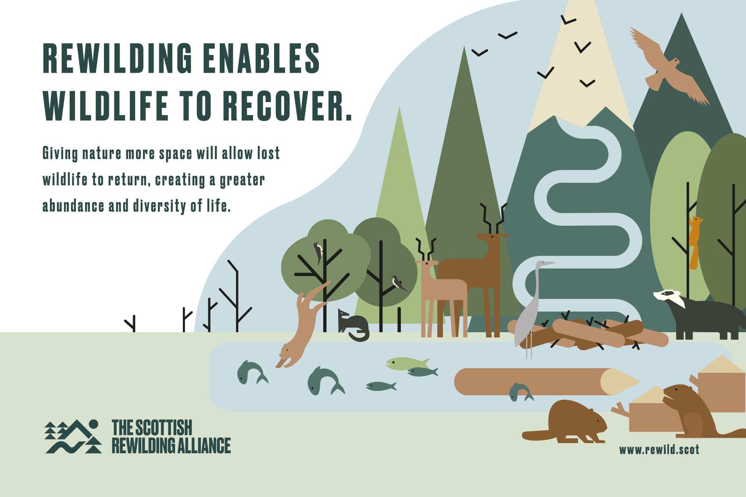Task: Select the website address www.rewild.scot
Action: (659, 450)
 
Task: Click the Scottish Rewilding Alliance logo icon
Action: (73, 437)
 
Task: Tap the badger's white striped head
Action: (669, 297)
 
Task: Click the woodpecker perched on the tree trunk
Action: (318, 252)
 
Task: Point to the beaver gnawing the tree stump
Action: (696, 411)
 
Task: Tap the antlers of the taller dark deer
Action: (493, 218)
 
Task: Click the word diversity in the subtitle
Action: (160, 206)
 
